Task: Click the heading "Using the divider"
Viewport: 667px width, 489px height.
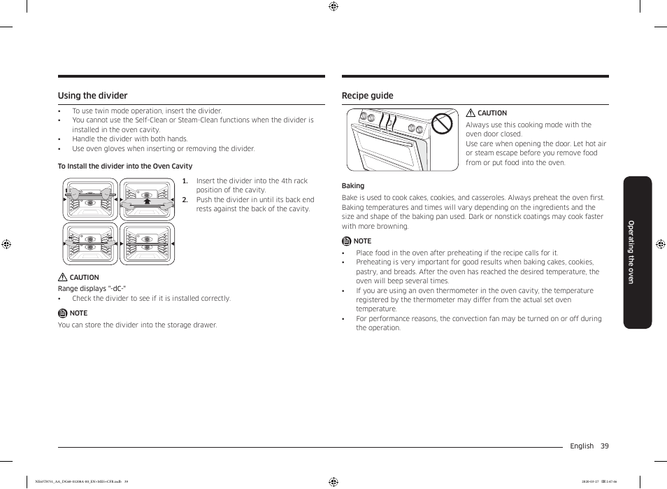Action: coord(92,96)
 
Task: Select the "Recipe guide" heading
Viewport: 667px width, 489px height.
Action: coord(367,96)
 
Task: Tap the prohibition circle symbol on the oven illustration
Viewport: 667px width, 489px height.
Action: coord(442,124)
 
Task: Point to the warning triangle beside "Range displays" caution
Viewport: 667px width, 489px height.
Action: coord(62,277)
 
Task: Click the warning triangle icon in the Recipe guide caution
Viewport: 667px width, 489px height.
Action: coord(471,113)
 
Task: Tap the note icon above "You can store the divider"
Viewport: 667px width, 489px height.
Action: coord(62,313)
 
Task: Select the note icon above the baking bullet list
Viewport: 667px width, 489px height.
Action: coord(346,241)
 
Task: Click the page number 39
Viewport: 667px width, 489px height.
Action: coord(604,446)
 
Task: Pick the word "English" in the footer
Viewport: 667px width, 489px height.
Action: coord(582,446)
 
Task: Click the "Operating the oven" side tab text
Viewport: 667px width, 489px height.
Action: coord(631,252)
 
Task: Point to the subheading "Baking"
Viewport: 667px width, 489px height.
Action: coord(353,185)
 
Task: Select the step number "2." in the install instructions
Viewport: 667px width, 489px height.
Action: coord(185,199)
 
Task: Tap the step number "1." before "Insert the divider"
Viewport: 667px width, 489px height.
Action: coord(185,180)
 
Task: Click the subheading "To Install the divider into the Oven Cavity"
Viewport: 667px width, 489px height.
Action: coord(125,166)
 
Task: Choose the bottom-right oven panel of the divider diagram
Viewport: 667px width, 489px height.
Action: coord(147,243)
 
